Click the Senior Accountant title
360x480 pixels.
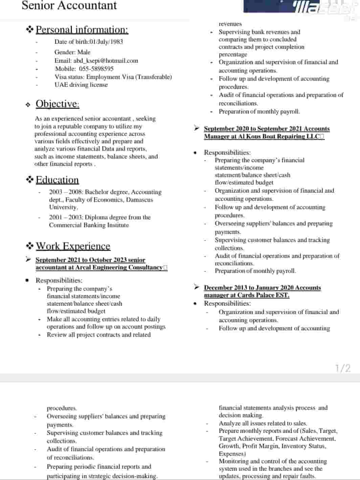(69, 6)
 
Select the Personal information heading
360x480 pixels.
(82, 30)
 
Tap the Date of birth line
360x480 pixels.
(88, 42)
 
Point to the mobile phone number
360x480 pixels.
(96, 69)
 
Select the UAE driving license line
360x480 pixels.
(81, 85)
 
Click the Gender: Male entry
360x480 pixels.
(72, 52)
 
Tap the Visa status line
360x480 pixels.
(113, 77)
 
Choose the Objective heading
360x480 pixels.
(58, 104)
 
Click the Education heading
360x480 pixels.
(57, 180)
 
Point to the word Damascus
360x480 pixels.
(139, 200)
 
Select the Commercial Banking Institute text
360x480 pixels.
(89, 225)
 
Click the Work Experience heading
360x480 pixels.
(73, 246)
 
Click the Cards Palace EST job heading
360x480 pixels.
(262, 291)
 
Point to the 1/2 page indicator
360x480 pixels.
(343, 368)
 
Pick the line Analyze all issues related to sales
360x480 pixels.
(263, 423)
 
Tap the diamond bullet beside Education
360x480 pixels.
(30, 180)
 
